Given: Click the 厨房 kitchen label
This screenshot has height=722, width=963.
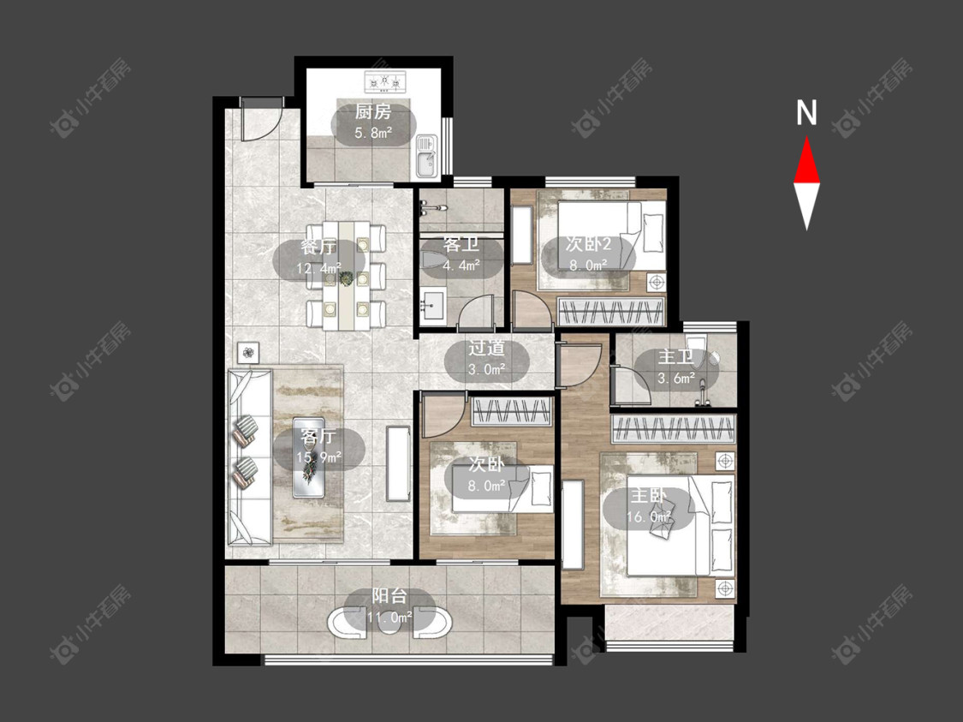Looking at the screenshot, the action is [373, 112].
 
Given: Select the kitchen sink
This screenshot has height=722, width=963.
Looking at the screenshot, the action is [425, 157].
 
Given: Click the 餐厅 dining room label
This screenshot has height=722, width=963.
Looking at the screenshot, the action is [318, 247].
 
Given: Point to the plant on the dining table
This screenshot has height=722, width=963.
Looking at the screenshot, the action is [347, 279].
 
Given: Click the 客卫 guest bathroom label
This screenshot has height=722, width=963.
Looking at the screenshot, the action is [461, 245].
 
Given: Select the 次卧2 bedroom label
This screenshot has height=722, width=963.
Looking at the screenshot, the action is [588, 244].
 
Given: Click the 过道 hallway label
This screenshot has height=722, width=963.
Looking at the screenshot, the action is [486, 349].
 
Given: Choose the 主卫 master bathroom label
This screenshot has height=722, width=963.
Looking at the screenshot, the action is [676, 357].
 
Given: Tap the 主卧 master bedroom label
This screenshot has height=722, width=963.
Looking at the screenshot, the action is [647, 495].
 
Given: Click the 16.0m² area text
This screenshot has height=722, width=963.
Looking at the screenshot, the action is [648, 516].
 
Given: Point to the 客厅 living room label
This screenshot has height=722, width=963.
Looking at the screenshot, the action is [318, 437].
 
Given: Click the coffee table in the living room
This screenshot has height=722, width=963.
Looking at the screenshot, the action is [310, 457].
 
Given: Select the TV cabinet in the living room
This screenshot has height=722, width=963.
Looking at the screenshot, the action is [398, 462].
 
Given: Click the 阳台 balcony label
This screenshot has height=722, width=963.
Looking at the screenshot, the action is [389, 596].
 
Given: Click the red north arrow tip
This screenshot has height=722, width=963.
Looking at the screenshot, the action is [806, 138].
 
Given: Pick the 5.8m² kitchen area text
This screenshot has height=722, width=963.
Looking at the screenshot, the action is [373, 133].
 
